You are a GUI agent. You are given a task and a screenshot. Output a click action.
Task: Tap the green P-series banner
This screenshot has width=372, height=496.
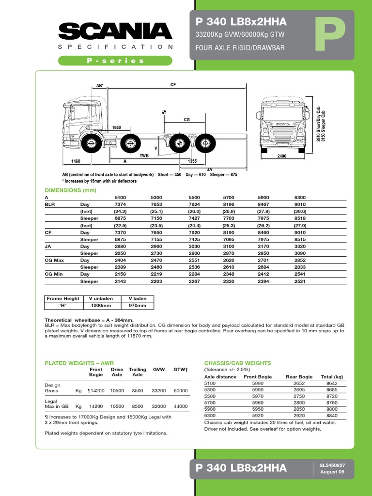click(115, 61)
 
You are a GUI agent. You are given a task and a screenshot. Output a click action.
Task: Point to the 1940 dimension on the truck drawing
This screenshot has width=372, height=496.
click(116, 127)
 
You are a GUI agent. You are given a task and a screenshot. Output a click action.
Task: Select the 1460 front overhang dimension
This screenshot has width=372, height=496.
click(76, 161)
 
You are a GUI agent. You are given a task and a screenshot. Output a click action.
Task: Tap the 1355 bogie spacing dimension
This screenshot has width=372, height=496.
click(192, 161)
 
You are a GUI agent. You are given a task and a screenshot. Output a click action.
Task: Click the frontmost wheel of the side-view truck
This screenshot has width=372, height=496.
click(91, 143)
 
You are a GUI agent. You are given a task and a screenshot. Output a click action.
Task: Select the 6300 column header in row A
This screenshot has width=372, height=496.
click(300, 198)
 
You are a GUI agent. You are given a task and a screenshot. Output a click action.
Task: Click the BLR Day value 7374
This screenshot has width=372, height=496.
click(120, 204)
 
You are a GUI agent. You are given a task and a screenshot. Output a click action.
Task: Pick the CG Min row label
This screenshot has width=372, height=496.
click(54, 274)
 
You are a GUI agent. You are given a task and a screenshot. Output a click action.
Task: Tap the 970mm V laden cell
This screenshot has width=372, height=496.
click(137, 306)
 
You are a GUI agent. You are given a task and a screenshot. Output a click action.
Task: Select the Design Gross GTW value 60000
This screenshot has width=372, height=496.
click(181, 390)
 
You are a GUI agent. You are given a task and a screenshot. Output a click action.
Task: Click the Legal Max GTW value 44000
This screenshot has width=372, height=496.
click(181, 406)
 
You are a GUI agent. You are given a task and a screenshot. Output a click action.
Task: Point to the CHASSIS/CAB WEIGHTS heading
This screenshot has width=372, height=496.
click(238, 363)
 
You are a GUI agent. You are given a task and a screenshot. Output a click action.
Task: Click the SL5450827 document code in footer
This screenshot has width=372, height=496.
click(332, 465)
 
